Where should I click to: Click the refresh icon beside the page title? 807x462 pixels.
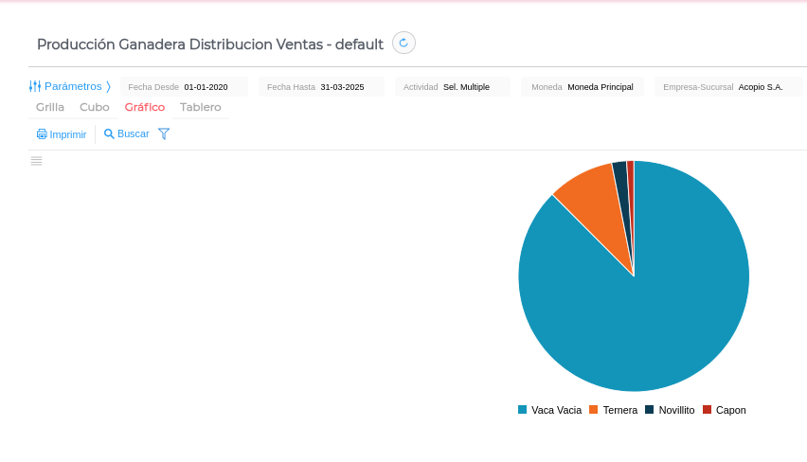click(x=403, y=43)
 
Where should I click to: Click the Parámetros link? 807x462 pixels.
click(x=72, y=86)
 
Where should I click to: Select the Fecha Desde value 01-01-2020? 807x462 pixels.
click(x=206, y=87)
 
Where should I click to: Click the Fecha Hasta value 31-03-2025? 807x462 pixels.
click(x=342, y=87)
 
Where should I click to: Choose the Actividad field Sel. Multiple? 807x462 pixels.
click(x=466, y=87)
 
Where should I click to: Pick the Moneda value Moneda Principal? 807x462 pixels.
click(x=600, y=87)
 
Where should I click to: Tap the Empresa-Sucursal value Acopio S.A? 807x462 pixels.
click(x=761, y=87)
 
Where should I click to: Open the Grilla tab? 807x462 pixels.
click(x=50, y=107)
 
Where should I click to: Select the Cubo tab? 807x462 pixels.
click(x=95, y=107)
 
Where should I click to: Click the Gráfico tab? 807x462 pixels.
click(x=145, y=107)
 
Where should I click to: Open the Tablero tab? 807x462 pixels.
click(x=201, y=107)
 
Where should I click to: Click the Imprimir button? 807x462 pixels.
click(x=62, y=134)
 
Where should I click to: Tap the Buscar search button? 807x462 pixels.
click(x=127, y=134)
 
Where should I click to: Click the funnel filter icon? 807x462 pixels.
click(x=164, y=134)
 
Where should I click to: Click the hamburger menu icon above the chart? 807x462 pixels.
click(x=36, y=161)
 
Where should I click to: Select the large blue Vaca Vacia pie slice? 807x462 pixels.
click(x=644, y=303)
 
